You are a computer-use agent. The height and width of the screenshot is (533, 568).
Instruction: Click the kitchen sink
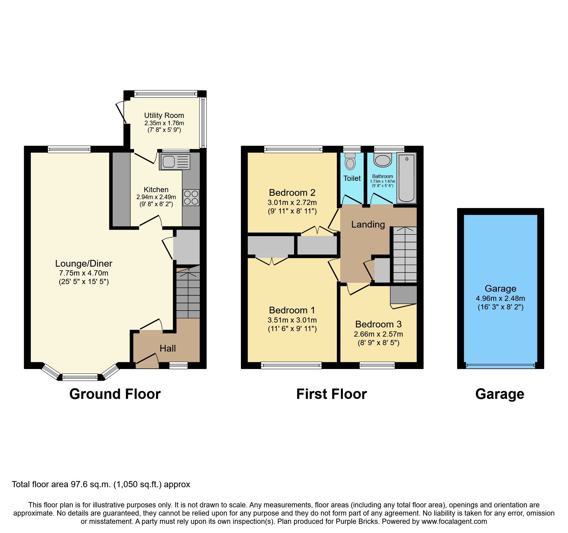pyautogui.click(x=174, y=162)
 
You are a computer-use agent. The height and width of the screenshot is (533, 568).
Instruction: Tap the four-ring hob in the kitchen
pyautogui.click(x=191, y=197)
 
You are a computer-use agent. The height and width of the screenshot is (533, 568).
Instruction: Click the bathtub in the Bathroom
pyautogui.click(x=406, y=178)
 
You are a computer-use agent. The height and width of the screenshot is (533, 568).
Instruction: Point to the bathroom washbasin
pyautogui.click(x=383, y=160)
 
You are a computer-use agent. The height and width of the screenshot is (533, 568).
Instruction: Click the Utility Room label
pyautogui.click(x=164, y=115)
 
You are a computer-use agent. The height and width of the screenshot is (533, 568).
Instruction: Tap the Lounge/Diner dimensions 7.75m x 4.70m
pyautogui.click(x=84, y=273)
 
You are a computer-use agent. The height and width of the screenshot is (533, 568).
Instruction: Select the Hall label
pyautogui.click(x=168, y=348)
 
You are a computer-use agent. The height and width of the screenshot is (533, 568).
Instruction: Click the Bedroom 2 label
pyautogui.click(x=292, y=192)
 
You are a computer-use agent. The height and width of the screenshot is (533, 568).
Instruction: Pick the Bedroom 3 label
pyautogui.click(x=378, y=324)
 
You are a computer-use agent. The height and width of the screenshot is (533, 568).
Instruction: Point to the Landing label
pyautogui.click(x=368, y=225)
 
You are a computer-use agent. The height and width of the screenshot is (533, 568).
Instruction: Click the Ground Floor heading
pyautogui.click(x=115, y=394)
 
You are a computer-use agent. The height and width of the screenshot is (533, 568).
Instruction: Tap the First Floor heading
pyautogui.click(x=331, y=394)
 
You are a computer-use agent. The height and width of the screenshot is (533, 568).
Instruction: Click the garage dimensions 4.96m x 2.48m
pyautogui.click(x=501, y=298)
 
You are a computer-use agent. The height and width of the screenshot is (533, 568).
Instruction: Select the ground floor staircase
pyautogui.click(x=188, y=293)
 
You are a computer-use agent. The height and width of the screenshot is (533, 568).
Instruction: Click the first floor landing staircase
pyautogui.click(x=405, y=254)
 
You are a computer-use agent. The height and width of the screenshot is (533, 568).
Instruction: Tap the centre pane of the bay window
pyautogui.click(x=80, y=377)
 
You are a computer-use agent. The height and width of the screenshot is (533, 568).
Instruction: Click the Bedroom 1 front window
pyautogui.click(x=291, y=365)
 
